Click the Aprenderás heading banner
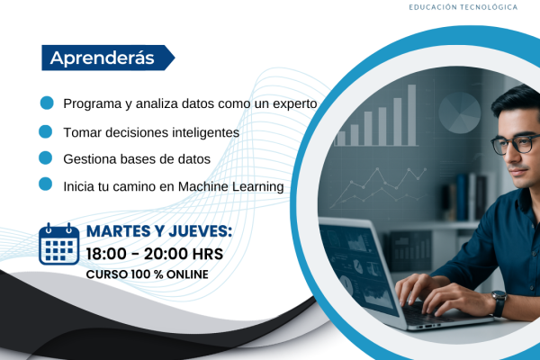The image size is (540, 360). pyautogui.click(x=102, y=58)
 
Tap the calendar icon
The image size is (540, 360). pyautogui.click(x=59, y=243)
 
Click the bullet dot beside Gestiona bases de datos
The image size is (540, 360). pyautogui.click(x=46, y=157)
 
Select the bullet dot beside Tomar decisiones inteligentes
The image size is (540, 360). pyautogui.click(x=46, y=130)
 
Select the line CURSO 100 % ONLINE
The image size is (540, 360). pyautogui.click(x=147, y=273)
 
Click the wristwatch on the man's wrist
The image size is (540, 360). pyautogui.click(x=499, y=302)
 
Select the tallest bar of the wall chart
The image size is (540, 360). pyautogui.click(x=411, y=114)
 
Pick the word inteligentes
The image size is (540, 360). pyautogui.click(x=208, y=131)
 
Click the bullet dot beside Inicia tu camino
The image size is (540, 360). pyautogui.click(x=46, y=185)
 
